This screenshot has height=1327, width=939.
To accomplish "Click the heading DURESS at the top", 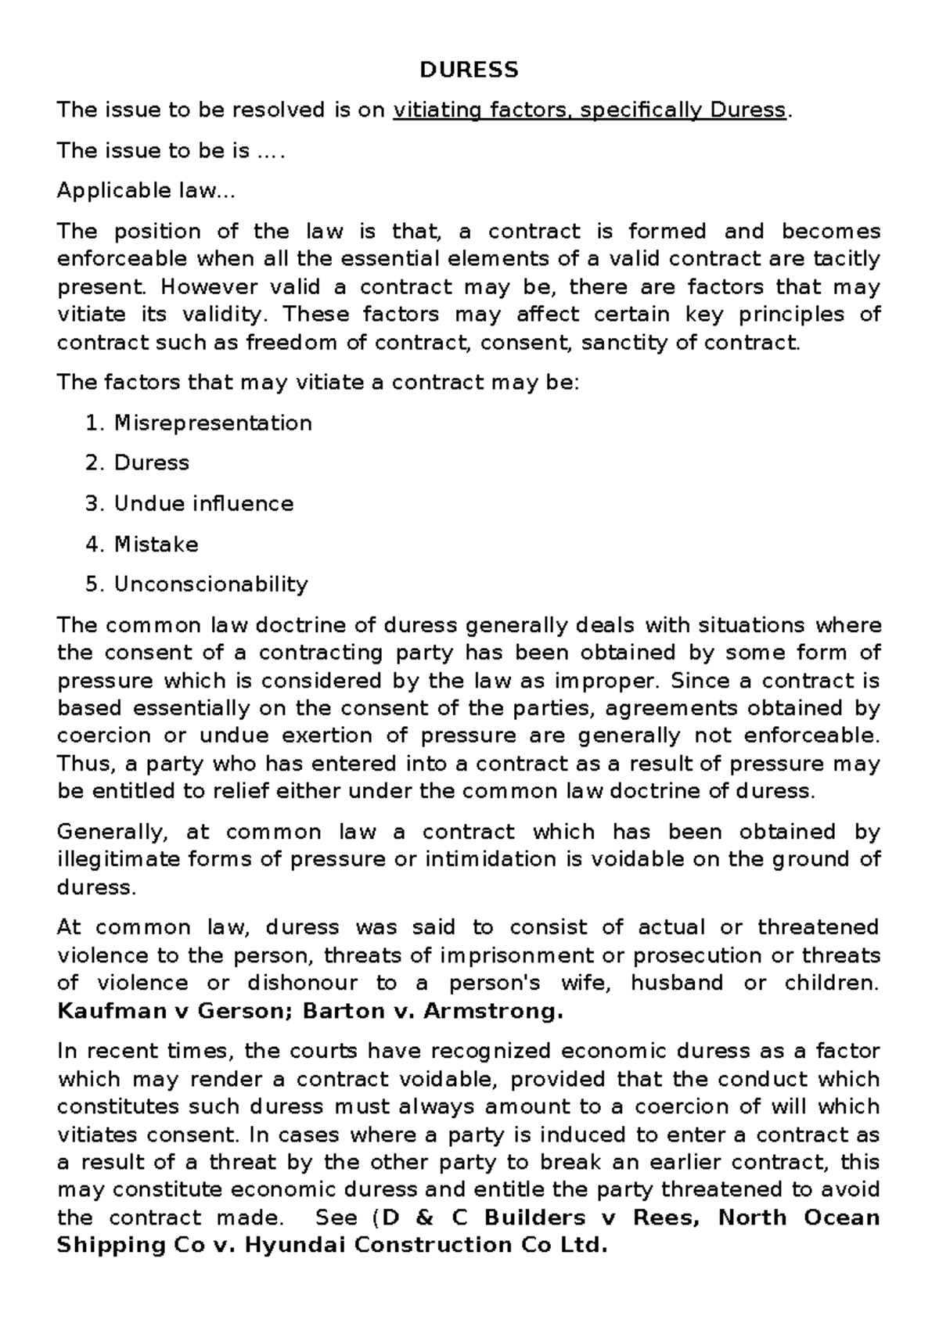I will point(469,70).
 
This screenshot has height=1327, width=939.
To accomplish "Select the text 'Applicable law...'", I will point(146,191).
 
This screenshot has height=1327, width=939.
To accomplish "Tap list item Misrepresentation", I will point(213,423).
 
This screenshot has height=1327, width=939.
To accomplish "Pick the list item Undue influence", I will point(203,504).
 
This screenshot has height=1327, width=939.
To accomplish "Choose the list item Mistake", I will point(156,545).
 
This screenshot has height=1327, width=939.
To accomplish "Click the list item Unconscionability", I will point(210,584).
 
